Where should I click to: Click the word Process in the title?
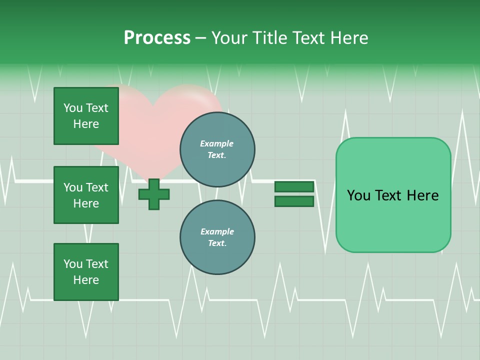(x=157, y=38)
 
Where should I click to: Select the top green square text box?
(x=86, y=116)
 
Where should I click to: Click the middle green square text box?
(x=86, y=195)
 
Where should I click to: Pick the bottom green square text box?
(x=86, y=272)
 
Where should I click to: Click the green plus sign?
(x=154, y=194)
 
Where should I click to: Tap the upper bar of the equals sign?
(x=294, y=186)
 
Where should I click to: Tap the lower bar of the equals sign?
(x=294, y=201)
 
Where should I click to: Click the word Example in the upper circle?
(x=217, y=143)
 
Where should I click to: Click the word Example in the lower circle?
(x=217, y=231)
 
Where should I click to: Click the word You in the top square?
(x=73, y=108)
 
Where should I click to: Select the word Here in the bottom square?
(x=86, y=280)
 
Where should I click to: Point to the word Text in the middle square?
(x=97, y=187)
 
